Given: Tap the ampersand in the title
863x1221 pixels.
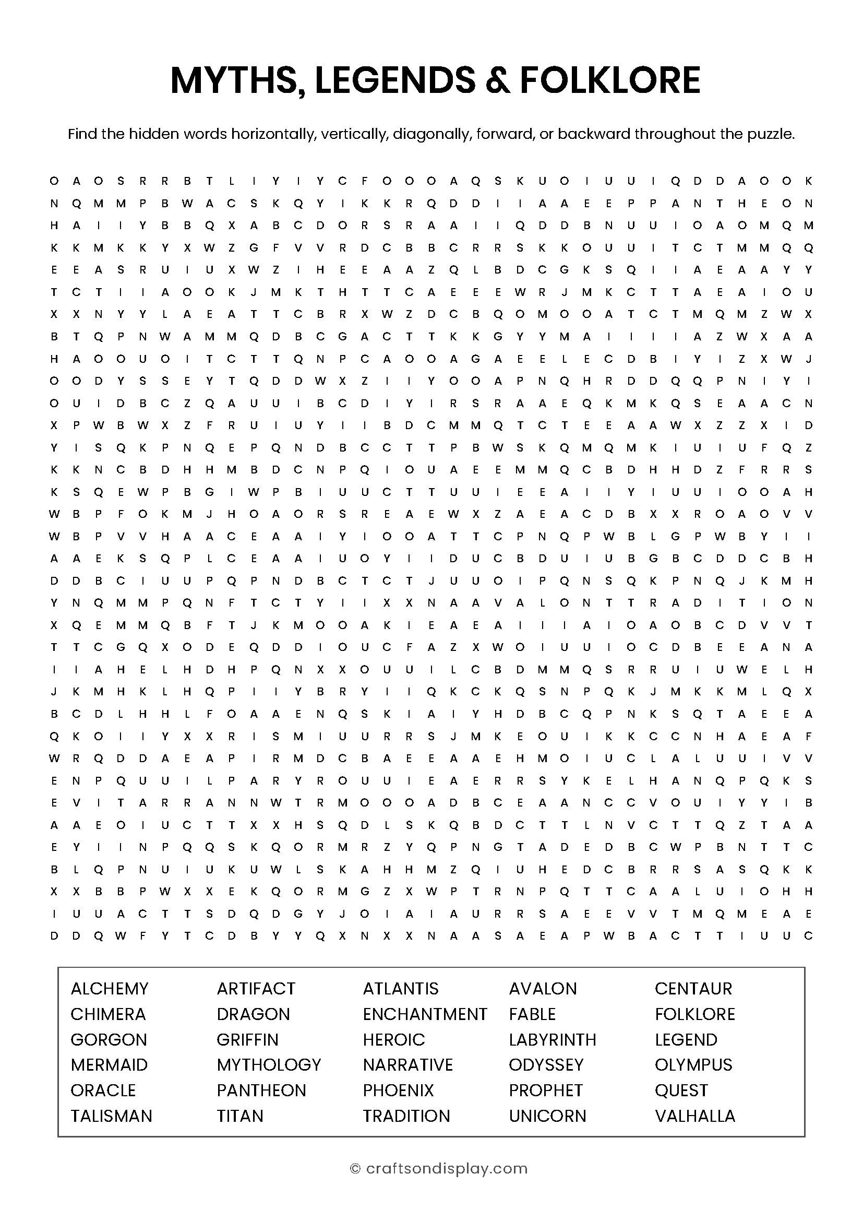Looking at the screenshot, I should click(x=500, y=81).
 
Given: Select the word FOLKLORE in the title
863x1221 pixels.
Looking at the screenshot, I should click(x=609, y=81).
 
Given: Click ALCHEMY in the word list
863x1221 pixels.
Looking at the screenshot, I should click(x=110, y=989).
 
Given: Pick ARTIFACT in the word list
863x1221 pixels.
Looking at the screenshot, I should click(x=256, y=989).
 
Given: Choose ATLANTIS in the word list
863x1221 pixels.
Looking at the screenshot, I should click(x=401, y=989).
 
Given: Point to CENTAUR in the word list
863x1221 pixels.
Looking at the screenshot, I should click(x=693, y=989).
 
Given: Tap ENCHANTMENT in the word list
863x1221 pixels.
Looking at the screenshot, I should click(x=425, y=1014).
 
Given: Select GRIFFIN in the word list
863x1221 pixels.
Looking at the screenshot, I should click(x=248, y=1040).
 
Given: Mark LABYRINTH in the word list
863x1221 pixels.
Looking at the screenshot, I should click(x=552, y=1040).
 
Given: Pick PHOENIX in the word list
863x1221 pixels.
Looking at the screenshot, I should click(x=398, y=1090).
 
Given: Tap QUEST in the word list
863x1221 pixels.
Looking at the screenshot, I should click(x=681, y=1090).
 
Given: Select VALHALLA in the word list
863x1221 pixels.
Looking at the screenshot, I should click(x=694, y=1116).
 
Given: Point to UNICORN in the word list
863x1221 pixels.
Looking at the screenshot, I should click(x=547, y=1116).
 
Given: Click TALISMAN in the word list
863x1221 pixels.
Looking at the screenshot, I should click(x=112, y=1116).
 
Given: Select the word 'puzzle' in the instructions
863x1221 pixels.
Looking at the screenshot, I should click(x=775, y=134).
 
